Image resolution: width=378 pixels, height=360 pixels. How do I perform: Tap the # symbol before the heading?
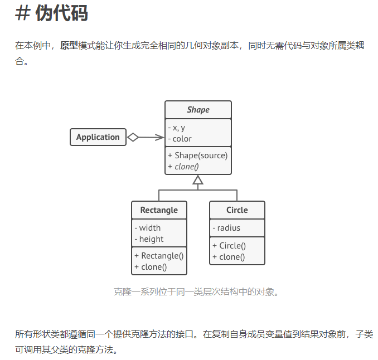[x=22, y=13]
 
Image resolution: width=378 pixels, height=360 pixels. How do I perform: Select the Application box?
[x=98, y=137]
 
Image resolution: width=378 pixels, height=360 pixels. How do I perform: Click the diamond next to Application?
[x=133, y=137]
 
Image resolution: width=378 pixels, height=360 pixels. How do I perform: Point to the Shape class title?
[x=198, y=110]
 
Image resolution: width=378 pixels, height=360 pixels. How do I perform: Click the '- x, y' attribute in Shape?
[x=177, y=128]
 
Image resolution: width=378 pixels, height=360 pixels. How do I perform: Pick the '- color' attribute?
[x=180, y=139]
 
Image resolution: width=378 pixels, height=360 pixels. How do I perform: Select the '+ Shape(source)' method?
[x=197, y=155]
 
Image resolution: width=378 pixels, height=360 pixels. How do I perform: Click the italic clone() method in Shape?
[x=183, y=167]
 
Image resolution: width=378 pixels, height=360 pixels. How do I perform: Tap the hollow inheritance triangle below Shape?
[x=198, y=179]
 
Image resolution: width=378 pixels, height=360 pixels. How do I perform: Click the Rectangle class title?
[x=159, y=210]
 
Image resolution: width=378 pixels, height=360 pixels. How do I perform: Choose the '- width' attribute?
[x=148, y=228]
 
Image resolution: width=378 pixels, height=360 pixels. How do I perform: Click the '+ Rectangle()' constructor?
[x=159, y=256]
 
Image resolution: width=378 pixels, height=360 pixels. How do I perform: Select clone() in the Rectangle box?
[x=151, y=267]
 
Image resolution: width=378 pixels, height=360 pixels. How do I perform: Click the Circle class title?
[x=237, y=210]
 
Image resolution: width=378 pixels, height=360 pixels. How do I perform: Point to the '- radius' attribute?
[x=226, y=228]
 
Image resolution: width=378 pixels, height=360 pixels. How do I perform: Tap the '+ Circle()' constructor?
[x=229, y=246]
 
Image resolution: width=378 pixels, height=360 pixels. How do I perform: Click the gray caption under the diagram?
[x=196, y=291]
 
